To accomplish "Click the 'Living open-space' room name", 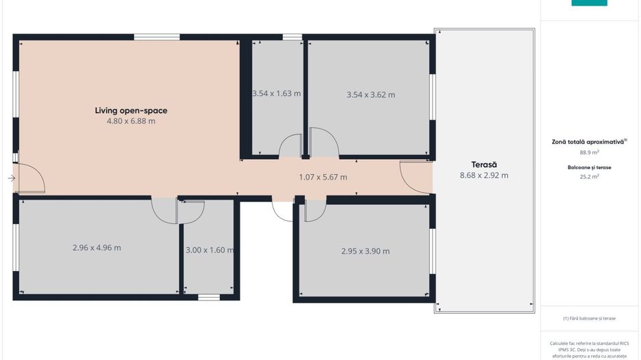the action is pos(131,111).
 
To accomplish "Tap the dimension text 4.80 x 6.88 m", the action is pos(131,121).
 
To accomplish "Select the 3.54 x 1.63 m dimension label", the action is pos(276,93).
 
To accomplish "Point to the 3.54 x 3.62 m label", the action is pos(371,95).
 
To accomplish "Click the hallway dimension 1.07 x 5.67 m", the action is pos(323,177).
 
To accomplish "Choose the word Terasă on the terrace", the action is pos(484,164).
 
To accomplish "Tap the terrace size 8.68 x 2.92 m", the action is pos(484,176).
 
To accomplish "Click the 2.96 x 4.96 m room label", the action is pos(96,247).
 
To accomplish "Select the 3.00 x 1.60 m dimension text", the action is pos(210,250).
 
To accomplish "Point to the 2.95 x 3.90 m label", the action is pos(366,251).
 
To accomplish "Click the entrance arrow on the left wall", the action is pos(12,178).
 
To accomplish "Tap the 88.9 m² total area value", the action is pos(589,152).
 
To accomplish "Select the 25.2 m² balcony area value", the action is pos(589,176).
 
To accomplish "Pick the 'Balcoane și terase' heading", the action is pos(589,167).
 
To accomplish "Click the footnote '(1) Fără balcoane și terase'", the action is pos(589,318).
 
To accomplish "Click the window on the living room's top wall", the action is pos(157,37).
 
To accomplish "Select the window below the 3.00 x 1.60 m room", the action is pos(209,297).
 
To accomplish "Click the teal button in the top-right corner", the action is pos(589,3).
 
